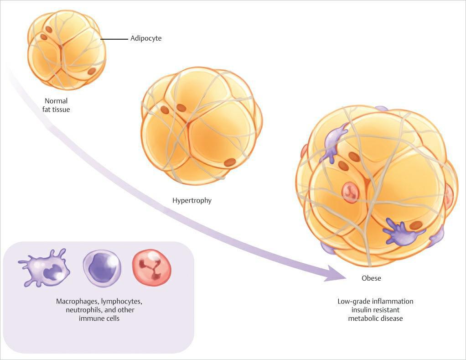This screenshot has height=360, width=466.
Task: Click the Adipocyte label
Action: pyautogui.click(x=146, y=39)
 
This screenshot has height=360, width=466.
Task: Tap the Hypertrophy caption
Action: pyautogui.click(x=192, y=200)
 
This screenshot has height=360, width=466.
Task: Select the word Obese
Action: pyautogui.click(x=371, y=278)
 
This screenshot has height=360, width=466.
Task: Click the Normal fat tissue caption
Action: pyautogui.click(x=57, y=105)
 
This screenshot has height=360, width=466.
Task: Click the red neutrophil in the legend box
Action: pyautogui.click(x=151, y=268)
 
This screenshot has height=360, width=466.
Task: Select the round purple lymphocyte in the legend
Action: pyautogui.click(x=102, y=268)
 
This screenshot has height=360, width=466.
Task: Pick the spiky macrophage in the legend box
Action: pyautogui.click(x=45, y=268)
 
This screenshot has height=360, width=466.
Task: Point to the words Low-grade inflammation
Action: pyautogui.click(x=375, y=302)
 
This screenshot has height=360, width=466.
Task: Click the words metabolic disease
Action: pyautogui.click(x=375, y=318)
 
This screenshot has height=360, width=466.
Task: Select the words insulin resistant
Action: pyautogui.click(x=375, y=310)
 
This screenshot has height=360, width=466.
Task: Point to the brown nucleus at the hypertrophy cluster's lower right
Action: pyautogui.click(x=230, y=162)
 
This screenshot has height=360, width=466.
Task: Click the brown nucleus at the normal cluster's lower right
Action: pyautogui.click(x=92, y=71)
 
